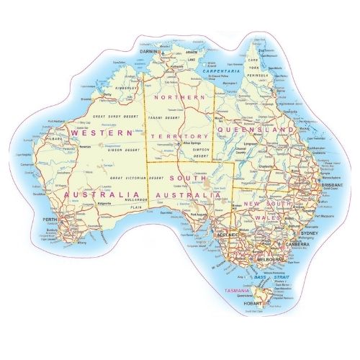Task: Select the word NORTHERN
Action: pyautogui.click(x=176, y=96)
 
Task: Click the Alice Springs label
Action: pyautogui.click(x=191, y=144)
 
